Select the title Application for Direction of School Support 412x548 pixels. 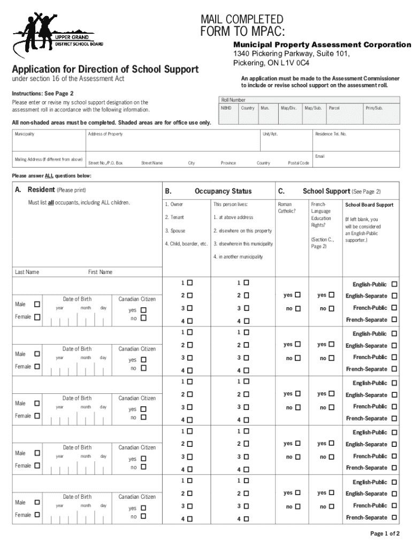(105, 69)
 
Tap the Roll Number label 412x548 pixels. (233, 100)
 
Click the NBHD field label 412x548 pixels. (227, 108)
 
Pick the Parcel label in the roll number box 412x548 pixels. (334, 108)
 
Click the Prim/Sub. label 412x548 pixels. (374, 108)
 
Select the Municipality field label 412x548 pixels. (25, 134)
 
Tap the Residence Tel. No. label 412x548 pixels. (331, 134)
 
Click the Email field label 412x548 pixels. (320, 156)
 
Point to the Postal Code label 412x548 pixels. (298, 163)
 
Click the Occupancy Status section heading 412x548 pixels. (223, 191)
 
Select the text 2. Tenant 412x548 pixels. (174, 217)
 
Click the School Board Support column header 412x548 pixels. (369, 204)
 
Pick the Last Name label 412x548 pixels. (27, 272)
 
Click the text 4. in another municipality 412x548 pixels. (238, 257)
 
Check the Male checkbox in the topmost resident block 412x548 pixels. (37, 304)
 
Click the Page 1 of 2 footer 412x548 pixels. (385, 533)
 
